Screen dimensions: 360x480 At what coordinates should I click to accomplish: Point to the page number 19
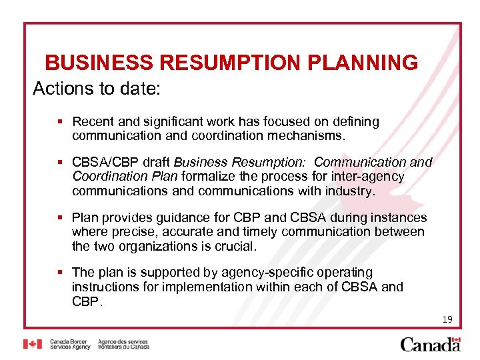click(447, 320)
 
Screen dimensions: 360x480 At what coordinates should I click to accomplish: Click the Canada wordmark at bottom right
click(430, 344)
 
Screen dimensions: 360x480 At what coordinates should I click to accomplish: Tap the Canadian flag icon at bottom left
click(32, 344)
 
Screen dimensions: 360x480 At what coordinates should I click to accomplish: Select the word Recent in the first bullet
click(92, 122)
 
